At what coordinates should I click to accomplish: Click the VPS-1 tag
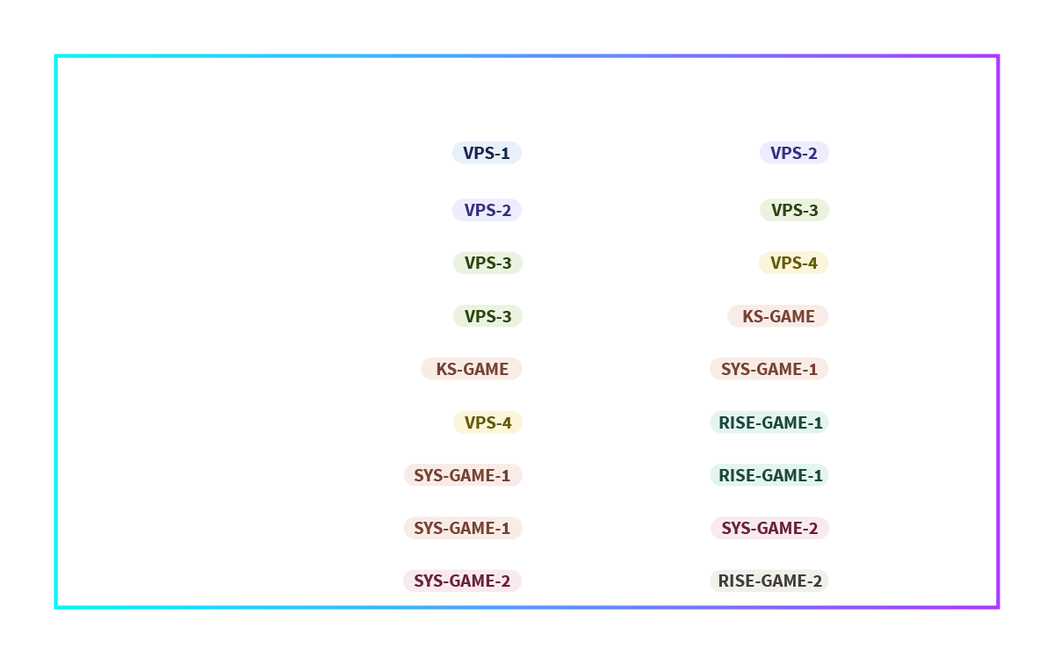point(487,153)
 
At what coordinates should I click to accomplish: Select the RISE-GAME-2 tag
point(769,581)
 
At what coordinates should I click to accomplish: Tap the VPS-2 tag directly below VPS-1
point(487,210)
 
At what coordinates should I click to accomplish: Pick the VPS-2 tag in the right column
point(794,153)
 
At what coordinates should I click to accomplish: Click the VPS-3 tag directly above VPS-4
point(794,210)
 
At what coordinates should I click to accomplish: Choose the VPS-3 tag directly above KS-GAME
point(488,316)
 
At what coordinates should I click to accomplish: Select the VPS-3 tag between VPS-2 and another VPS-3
point(488,263)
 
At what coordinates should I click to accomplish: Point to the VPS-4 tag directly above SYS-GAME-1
point(488,422)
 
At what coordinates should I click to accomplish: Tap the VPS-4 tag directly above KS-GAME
point(793,263)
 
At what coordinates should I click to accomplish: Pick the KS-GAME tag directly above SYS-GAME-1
point(778,316)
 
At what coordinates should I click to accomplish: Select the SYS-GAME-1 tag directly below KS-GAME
point(769,369)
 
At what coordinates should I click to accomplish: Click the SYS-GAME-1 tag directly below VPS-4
point(463,475)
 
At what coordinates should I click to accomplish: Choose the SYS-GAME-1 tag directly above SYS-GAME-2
point(463,528)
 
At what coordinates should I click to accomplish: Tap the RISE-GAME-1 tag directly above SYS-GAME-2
point(769,475)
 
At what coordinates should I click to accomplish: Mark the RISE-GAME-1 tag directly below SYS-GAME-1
point(769,422)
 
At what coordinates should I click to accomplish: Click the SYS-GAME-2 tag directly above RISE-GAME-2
point(769,528)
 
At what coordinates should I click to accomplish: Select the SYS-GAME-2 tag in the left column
point(463,581)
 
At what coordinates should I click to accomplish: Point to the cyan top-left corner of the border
point(56,56)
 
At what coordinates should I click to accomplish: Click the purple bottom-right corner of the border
point(998,608)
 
